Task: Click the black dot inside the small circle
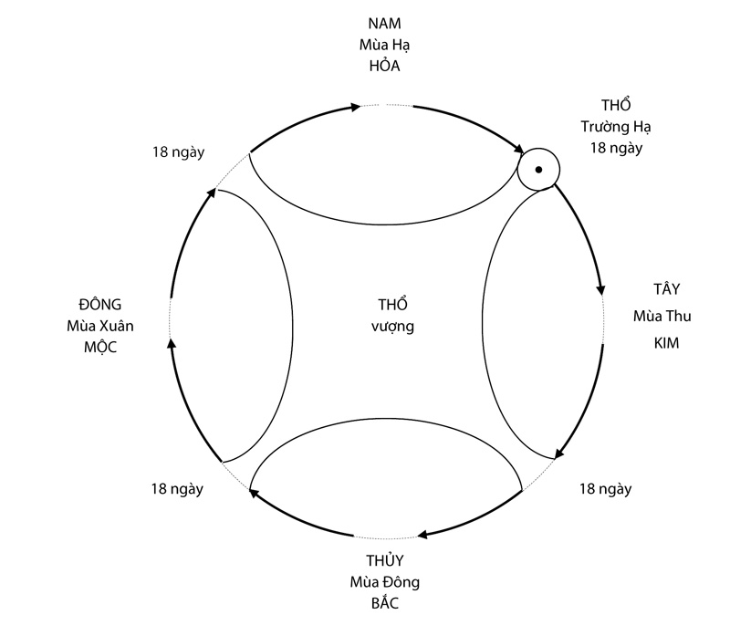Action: [538, 170]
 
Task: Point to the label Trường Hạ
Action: [610, 128]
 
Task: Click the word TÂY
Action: [667, 290]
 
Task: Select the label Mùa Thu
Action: [662, 317]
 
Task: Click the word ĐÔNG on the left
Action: [99, 305]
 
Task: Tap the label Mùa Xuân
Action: [99, 326]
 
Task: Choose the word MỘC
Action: [99, 347]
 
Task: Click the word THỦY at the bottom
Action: [384, 560]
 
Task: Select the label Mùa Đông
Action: [384, 582]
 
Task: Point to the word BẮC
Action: [384, 603]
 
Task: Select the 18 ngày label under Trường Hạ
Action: [610, 148]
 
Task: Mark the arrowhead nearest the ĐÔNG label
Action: [171, 344]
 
